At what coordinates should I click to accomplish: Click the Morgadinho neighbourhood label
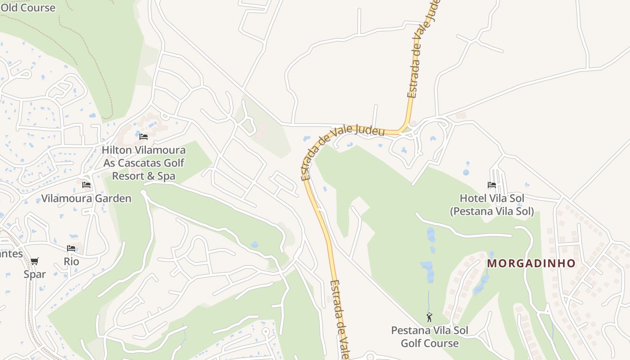[531, 263]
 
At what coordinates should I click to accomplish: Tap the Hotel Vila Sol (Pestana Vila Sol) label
[492, 205]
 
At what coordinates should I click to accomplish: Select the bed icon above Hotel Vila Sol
[491, 185]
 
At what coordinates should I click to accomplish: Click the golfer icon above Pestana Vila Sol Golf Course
[429, 317]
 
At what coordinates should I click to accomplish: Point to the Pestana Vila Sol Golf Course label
[429, 337]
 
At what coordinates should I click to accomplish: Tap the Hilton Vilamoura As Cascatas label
[143, 156]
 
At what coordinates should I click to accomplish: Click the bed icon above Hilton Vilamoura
[144, 137]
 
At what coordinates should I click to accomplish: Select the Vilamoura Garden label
[86, 198]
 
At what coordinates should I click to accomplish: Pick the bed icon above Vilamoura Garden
[86, 185]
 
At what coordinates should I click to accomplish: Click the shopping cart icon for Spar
[35, 261]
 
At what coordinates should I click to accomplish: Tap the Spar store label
[35, 274]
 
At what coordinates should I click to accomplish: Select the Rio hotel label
[71, 261]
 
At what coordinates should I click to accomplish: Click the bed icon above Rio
[71, 248]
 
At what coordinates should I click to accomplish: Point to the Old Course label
[28, 8]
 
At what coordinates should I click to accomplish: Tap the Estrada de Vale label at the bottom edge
[340, 319]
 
